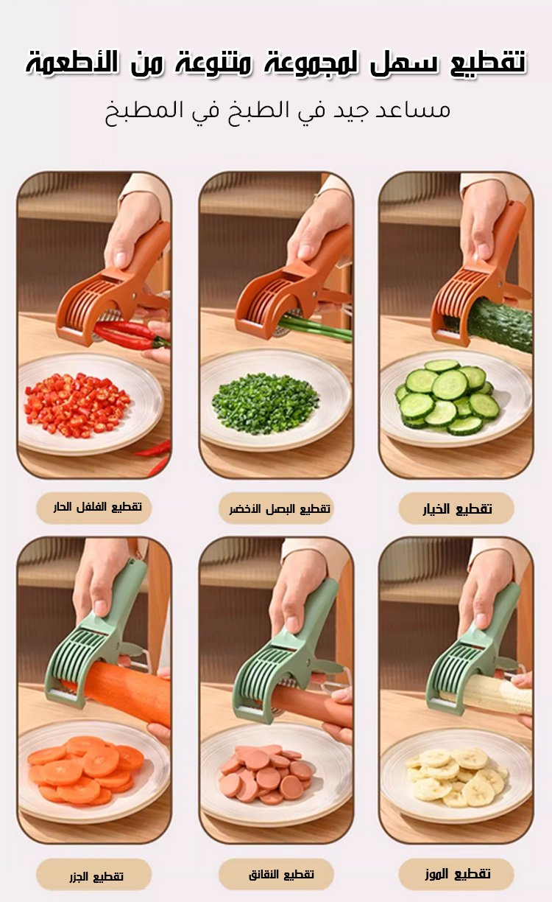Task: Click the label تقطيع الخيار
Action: (x=457, y=508)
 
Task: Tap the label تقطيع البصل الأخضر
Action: (x=280, y=508)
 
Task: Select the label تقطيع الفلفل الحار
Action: (x=97, y=507)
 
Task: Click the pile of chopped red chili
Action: (x=77, y=405)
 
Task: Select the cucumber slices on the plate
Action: (x=447, y=396)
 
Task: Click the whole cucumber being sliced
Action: (x=498, y=324)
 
